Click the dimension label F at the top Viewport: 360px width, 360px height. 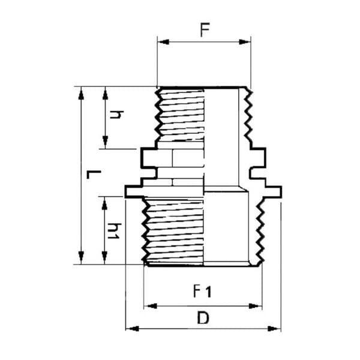pos(205,30)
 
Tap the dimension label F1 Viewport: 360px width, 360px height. pos(202,291)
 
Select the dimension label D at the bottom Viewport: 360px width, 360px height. pos(203,318)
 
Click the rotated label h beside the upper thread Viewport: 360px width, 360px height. pos(116,115)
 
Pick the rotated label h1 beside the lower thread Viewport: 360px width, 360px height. pos(114,231)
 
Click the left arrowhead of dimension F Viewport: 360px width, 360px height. pos(163,42)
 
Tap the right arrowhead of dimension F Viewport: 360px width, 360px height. pos(245,42)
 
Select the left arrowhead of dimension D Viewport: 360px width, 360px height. pos(132,329)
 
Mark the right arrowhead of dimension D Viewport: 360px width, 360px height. pos(274,329)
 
